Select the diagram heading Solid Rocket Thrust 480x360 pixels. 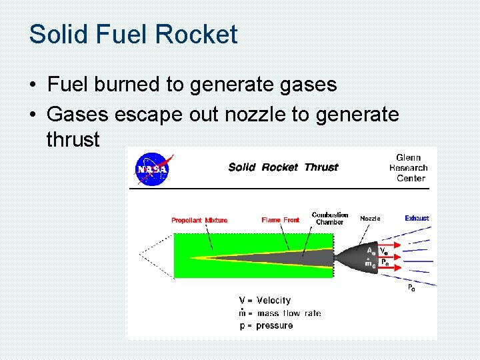pyautogui.click(x=283, y=167)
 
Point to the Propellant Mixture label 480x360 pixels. pyautogui.click(x=199, y=220)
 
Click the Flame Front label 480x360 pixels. pyautogui.click(x=280, y=220)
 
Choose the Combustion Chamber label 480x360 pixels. pyautogui.click(x=330, y=218)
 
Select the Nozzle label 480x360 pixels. pyautogui.click(x=370, y=219)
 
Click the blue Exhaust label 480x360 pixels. pyautogui.click(x=417, y=219)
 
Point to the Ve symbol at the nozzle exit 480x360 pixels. pyautogui.click(x=385, y=251)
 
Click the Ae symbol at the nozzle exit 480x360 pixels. pyautogui.click(x=371, y=251)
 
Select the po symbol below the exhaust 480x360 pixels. pyautogui.click(x=411, y=287)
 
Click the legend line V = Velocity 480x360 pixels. pyautogui.click(x=265, y=301)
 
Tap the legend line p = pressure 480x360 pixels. pyautogui.click(x=265, y=325)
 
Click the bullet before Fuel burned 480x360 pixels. pyautogui.click(x=32, y=85)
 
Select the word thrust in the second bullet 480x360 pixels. pyautogui.click(x=73, y=140)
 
